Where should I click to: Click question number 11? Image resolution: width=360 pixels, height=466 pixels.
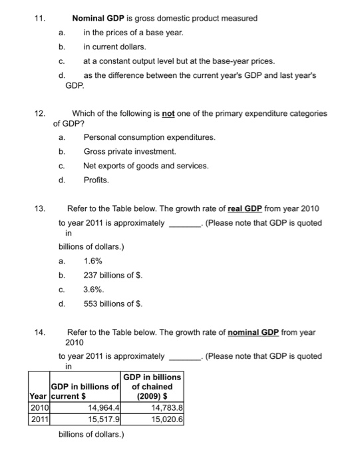(39, 19)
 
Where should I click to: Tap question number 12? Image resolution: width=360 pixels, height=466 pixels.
(39, 114)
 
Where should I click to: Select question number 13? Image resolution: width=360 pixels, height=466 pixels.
(39, 210)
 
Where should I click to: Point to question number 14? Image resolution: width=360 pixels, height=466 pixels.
(39, 332)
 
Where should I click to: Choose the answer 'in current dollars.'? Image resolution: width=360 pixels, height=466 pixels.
(114, 47)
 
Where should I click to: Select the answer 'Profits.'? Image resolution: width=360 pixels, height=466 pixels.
(98, 180)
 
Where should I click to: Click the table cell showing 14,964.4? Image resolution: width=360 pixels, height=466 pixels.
(104, 407)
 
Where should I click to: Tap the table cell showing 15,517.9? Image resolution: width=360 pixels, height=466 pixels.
(104, 419)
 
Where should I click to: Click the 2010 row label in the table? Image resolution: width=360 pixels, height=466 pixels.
(38, 407)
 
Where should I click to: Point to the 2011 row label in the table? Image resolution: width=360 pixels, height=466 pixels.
(38, 419)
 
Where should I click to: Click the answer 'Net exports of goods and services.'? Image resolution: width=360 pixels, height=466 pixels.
(146, 166)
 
